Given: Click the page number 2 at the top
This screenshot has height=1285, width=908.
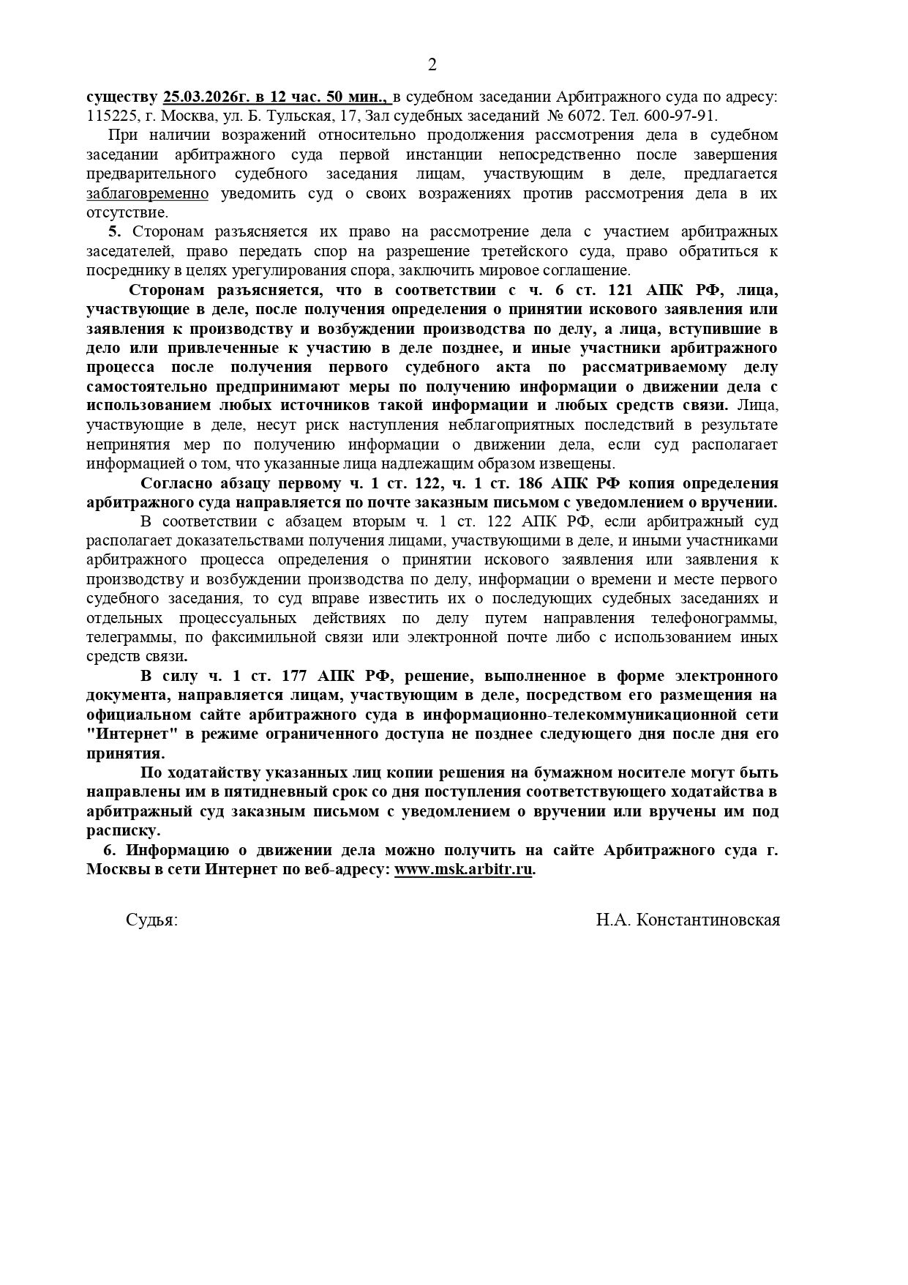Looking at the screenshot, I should click(x=432, y=65).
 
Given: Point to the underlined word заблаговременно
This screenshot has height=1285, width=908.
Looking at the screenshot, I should click(x=147, y=193).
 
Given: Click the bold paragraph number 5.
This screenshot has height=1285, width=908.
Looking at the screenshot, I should click(x=113, y=232).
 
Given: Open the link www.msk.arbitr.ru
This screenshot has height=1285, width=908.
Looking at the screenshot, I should click(x=463, y=870).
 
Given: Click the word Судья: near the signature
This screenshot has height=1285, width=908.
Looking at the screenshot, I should click(x=151, y=920).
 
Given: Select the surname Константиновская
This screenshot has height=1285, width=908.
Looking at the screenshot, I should click(x=708, y=920).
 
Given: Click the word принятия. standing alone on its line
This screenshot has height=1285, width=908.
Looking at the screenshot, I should click(x=126, y=753).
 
